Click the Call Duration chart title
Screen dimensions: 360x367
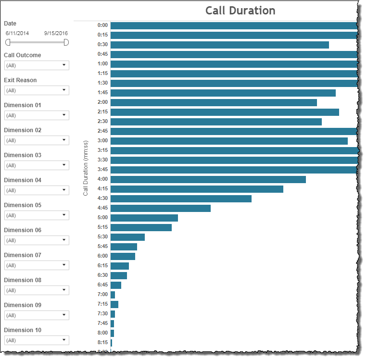pyautogui.click(x=240, y=11)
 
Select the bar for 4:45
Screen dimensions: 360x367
pyautogui.click(x=161, y=208)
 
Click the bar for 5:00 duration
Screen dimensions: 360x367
pyautogui.click(x=144, y=218)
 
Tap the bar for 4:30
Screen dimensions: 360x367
pyautogui.click(x=181, y=199)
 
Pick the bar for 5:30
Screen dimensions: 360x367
pyautogui.click(x=127, y=237)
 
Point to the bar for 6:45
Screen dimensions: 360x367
pyautogui.click(x=116, y=285)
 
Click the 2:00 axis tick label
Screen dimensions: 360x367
pyautogui.click(x=102, y=102)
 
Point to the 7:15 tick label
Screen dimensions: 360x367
pyautogui.click(x=102, y=304)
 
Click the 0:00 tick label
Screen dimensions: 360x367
pyautogui.click(x=102, y=25)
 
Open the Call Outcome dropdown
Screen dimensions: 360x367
pyautogui.click(x=37, y=65)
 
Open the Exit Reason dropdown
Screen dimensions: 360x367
pyautogui.click(x=37, y=90)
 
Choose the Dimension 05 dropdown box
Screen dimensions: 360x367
pyautogui.click(x=37, y=215)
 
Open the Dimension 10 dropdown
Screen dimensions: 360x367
pyautogui.click(x=37, y=340)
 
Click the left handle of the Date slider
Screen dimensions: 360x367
pyautogui.click(x=8, y=42)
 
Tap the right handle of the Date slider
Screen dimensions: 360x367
pyautogui.click(x=66, y=42)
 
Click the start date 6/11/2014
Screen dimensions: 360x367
pyautogui.click(x=17, y=33)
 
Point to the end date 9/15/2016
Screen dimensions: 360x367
pyautogui.click(x=56, y=33)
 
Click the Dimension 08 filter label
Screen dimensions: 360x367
pyautogui.click(x=23, y=280)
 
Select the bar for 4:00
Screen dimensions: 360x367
pyautogui.click(x=208, y=179)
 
